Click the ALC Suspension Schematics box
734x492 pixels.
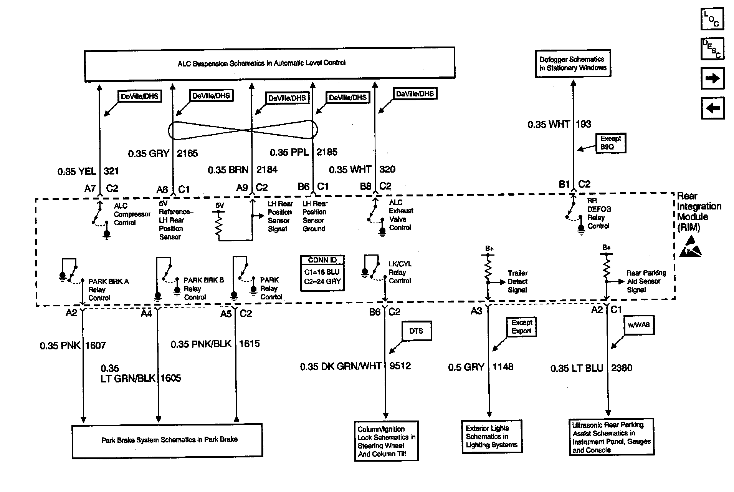pos(269,63)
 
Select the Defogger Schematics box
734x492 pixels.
pos(573,63)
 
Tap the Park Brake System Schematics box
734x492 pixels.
pos(167,440)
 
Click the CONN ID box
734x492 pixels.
pos(322,273)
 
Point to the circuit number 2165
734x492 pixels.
pos(187,153)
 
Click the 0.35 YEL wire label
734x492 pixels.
pos(77,171)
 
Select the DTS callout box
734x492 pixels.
pos(416,331)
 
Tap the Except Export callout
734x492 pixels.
pos(521,327)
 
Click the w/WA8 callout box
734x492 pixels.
pos(638,325)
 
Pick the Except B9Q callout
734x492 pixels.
pos(610,143)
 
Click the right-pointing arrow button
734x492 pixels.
pos(712,78)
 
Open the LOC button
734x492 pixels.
pos(712,19)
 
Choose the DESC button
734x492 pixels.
pos(712,49)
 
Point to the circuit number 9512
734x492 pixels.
pos(400,366)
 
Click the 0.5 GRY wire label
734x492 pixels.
pos(466,367)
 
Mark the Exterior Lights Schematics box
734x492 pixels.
pos(491,437)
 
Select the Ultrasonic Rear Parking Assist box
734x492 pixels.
pos(612,437)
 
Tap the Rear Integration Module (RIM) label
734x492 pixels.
pos(699,212)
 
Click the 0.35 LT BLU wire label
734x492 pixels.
pos(577,368)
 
